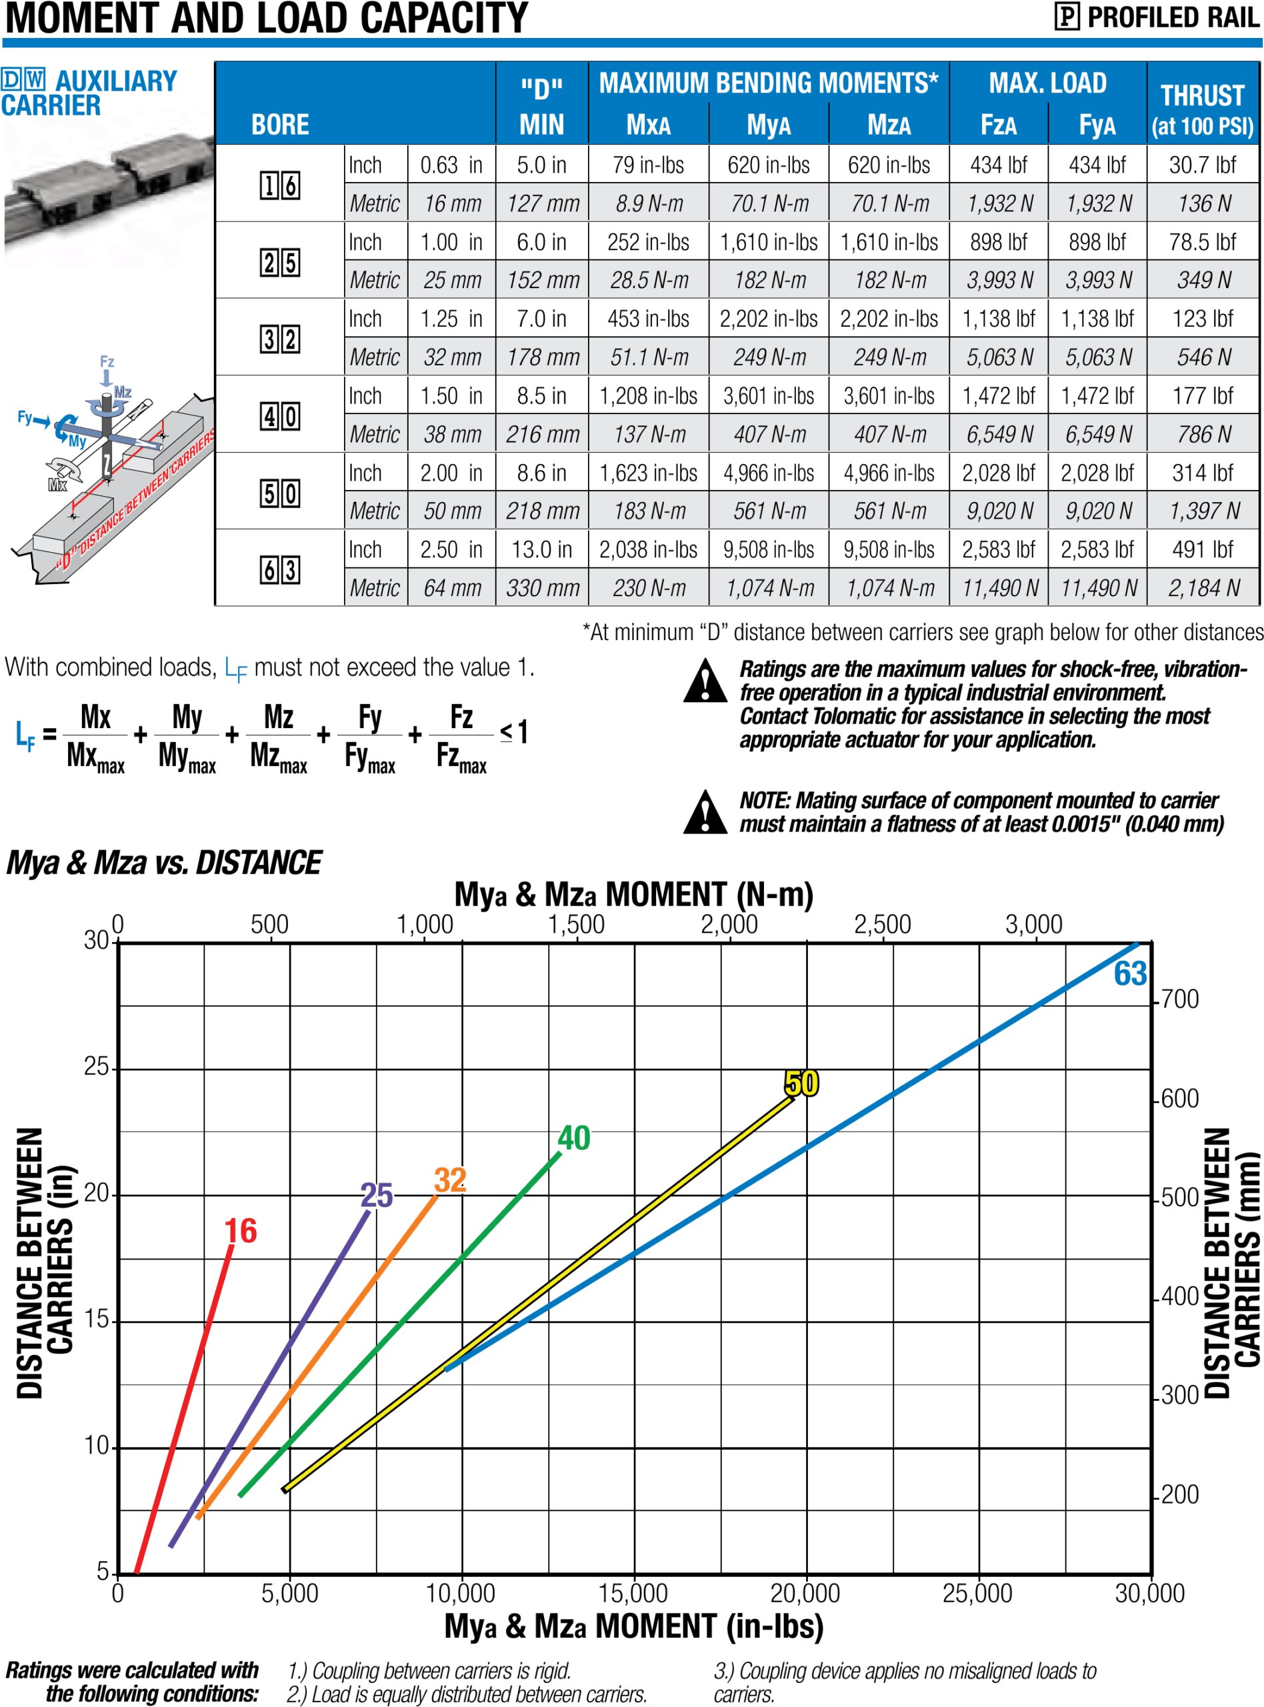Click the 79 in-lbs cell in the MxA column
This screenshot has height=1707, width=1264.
pos(648,165)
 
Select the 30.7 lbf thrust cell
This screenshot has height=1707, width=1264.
pos(1202,165)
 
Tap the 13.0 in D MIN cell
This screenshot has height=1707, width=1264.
pos(542,549)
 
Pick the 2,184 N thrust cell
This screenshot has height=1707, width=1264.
pos(1203,587)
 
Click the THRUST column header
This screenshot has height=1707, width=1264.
pos(1202,109)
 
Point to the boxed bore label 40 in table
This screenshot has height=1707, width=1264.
pos(280,416)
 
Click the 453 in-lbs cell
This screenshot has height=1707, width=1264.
pos(648,319)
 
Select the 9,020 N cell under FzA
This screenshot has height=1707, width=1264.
pos(999,511)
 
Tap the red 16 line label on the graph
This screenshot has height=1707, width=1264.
pos(240,1231)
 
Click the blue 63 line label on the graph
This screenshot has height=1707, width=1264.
pos(1129,974)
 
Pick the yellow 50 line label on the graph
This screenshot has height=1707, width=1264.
pos(801,1084)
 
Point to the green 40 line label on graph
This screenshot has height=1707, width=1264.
pos(574,1138)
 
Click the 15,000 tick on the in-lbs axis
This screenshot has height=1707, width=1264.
pos(633,1593)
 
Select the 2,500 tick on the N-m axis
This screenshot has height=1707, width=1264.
pos(882,924)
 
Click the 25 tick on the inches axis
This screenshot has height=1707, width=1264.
pos(97,1067)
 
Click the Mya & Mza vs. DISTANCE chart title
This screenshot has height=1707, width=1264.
pos(164,863)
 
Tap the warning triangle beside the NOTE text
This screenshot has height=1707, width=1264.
pos(705,811)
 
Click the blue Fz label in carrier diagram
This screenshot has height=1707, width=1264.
pos(107,361)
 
